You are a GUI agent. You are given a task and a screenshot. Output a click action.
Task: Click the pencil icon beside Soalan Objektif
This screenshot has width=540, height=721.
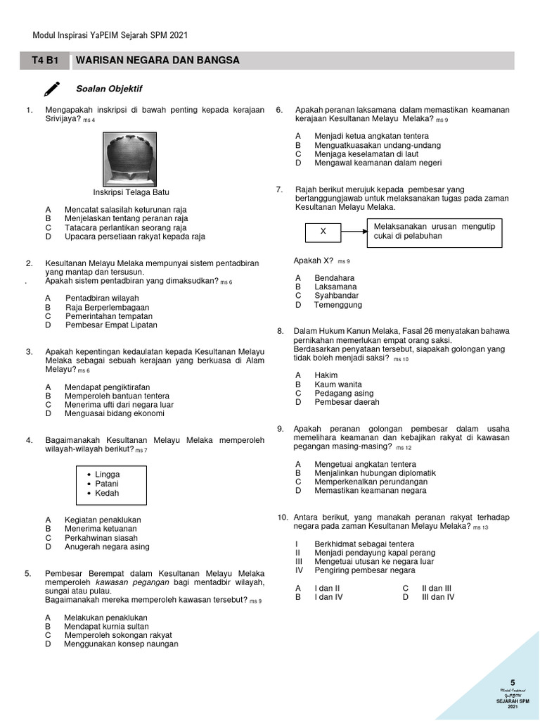click(x=52, y=89)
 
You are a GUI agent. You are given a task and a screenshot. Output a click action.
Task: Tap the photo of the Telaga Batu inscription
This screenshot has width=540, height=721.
click(x=131, y=159)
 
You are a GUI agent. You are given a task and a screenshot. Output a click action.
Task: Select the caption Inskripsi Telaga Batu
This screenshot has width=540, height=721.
click(x=131, y=192)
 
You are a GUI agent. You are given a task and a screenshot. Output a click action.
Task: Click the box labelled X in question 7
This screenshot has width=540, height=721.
click(x=323, y=231)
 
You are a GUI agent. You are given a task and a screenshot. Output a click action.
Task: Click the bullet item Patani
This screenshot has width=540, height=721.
click(x=107, y=484)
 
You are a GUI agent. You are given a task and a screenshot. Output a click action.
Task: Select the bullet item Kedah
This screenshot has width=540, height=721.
click(x=107, y=493)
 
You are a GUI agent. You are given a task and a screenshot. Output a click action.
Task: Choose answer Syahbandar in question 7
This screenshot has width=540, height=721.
click(x=337, y=296)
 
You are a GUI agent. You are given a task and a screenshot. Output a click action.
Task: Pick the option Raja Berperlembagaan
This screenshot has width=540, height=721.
click(x=107, y=308)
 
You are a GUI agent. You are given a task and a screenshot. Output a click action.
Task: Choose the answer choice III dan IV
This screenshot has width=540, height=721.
click(x=437, y=597)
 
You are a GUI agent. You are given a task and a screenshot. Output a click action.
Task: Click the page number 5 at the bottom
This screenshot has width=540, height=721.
click(x=513, y=682)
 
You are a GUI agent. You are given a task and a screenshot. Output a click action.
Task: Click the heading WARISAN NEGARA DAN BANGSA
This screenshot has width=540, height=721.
click(x=157, y=61)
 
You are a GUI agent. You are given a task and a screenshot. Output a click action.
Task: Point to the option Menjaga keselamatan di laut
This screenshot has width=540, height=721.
click(x=366, y=153)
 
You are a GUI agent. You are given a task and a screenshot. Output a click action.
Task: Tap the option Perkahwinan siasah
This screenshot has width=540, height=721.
click(x=101, y=537)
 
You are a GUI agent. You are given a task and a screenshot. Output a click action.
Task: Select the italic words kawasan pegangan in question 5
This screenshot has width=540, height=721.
click(x=123, y=582)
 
